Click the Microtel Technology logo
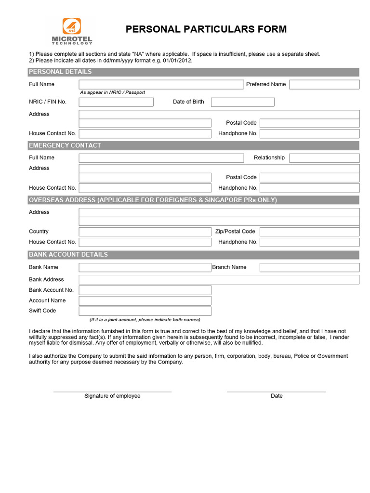[x=72, y=31]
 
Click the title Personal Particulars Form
[x=206, y=29]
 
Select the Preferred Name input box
[x=324, y=84]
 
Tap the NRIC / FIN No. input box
[x=116, y=102]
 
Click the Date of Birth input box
[x=242, y=102]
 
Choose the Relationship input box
[x=324, y=158]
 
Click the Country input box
[x=145, y=232]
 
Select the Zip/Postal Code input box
[x=309, y=232]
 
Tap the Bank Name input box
[x=145, y=267]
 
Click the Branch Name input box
[x=309, y=267]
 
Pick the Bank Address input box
[x=219, y=280]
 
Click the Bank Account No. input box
[x=145, y=290]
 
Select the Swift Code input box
[x=145, y=311]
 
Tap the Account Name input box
[x=145, y=300]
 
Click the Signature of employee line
[x=112, y=391]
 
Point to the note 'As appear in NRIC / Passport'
[x=112, y=92]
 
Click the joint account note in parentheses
[x=145, y=320]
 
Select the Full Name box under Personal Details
[x=161, y=84]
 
